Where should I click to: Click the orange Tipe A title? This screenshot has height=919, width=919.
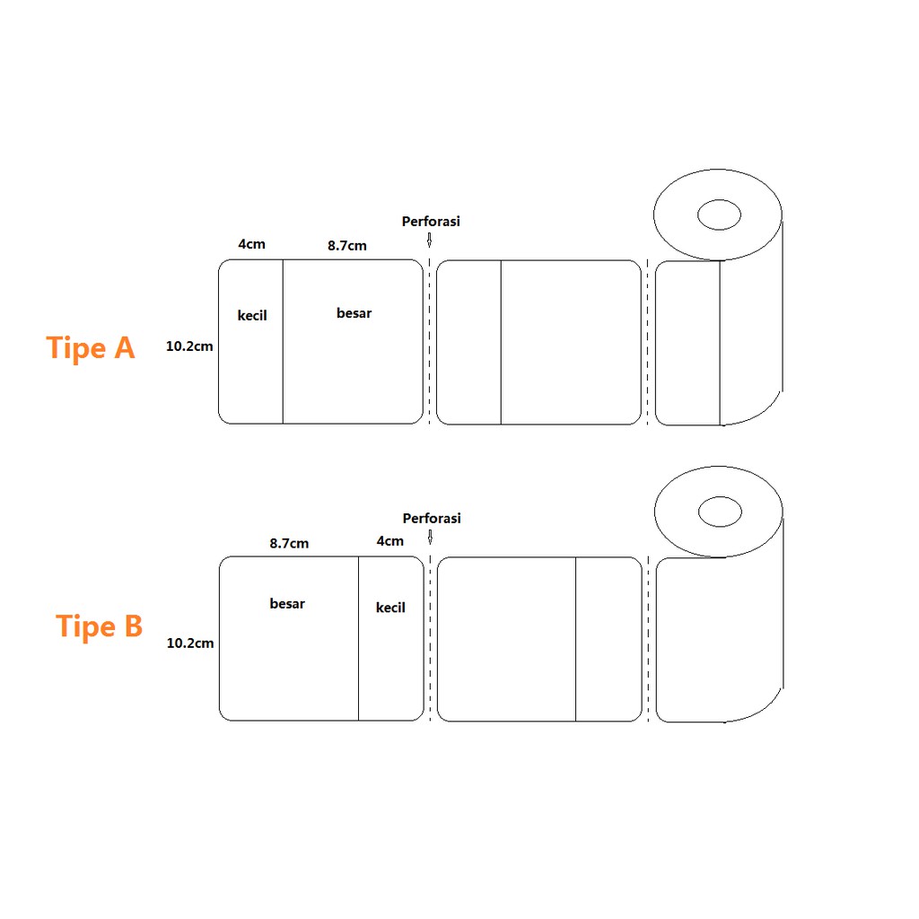coord(91,347)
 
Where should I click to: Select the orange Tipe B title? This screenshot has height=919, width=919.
coord(100,626)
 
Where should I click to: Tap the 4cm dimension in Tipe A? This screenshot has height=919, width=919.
coord(251,244)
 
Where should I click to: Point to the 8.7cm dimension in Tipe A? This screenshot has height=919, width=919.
coord(346,245)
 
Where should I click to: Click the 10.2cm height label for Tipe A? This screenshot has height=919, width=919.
coord(189,346)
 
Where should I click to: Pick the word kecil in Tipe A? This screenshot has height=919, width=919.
coord(252,316)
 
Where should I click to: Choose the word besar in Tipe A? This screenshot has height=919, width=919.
coord(354,313)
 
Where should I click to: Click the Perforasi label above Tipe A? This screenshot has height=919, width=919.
coord(431,221)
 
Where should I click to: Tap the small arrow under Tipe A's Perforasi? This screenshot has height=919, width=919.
coord(430,241)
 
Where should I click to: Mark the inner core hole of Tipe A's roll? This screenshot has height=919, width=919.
coord(719,215)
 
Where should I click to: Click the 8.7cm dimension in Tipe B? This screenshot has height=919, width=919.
coord(289,543)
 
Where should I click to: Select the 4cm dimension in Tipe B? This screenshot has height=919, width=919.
coord(390,541)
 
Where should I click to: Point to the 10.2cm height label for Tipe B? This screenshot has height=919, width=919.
coord(190,643)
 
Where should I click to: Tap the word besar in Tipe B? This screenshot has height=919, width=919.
coord(287,604)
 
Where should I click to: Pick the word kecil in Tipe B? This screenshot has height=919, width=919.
coord(390,608)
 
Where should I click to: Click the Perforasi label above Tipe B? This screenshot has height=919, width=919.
coord(432,518)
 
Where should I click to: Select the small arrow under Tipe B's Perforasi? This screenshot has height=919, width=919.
coord(431,537)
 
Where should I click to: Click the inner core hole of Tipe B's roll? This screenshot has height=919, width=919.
coord(720,512)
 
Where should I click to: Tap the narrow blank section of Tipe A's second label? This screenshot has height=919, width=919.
coord(468,342)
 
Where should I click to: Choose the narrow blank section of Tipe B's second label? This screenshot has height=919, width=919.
coord(608,639)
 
